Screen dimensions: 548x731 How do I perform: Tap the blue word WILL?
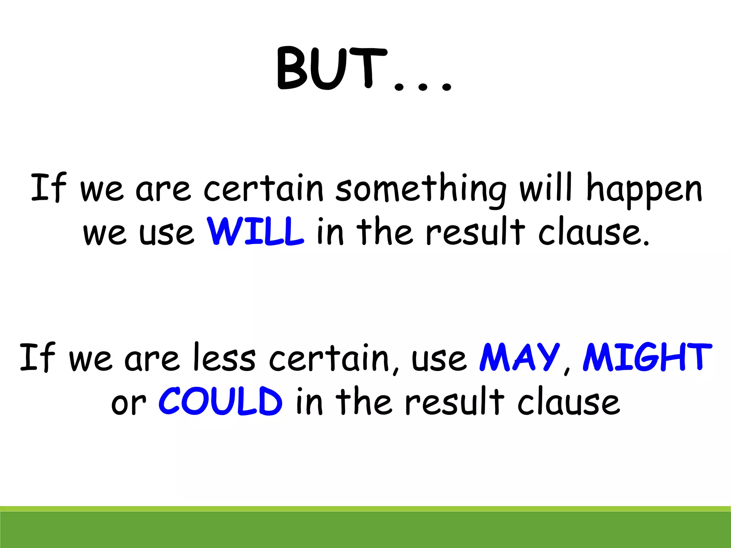256,232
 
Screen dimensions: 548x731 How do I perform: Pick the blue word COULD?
221,401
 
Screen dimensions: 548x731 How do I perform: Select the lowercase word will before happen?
546,187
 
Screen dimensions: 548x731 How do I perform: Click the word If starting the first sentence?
48,187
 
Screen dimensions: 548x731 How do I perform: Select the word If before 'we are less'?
37,357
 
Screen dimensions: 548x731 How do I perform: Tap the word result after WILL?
475,232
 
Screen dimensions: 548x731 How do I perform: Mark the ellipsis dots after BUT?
423,86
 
